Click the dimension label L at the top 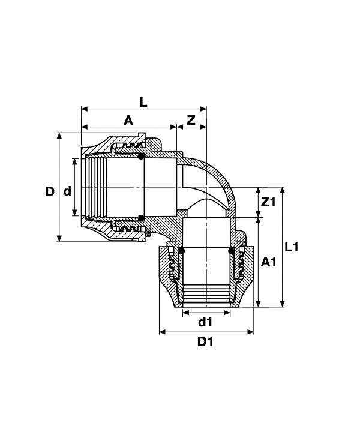coord(143,103)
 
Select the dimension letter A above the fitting coord(128,121)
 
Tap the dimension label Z coord(191,121)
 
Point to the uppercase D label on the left coord(50,191)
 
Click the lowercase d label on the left coord(67,191)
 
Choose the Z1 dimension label coord(269,202)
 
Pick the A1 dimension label coord(269,262)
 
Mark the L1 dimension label coord(292,247)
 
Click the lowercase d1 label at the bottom coord(205,322)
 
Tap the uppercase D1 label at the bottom coord(205,341)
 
